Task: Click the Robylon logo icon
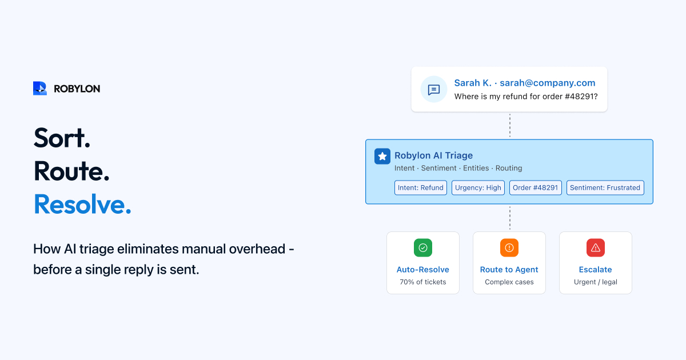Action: click(40, 89)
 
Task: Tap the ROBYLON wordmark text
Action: click(77, 89)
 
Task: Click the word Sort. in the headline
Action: click(62, 138)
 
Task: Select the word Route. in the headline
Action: click(71, 171)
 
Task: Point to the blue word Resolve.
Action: click(82, 204)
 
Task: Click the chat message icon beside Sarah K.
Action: click(434, 89)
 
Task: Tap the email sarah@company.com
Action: click(548, 83)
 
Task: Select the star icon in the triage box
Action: click(382, 157)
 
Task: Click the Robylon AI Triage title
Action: click(434, 155)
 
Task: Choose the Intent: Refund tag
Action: click(421, 187)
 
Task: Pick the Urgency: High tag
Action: click(478, 187)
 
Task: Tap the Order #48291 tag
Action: click(535, 187)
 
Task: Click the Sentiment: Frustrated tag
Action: click(605, 187)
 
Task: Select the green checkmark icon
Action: click(423, 247)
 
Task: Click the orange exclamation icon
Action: click(509, 247)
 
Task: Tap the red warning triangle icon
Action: click(596, 247)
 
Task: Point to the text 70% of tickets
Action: click(423, 282)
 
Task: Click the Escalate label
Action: click(595, 269)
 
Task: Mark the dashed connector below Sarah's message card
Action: click(509, 126)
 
